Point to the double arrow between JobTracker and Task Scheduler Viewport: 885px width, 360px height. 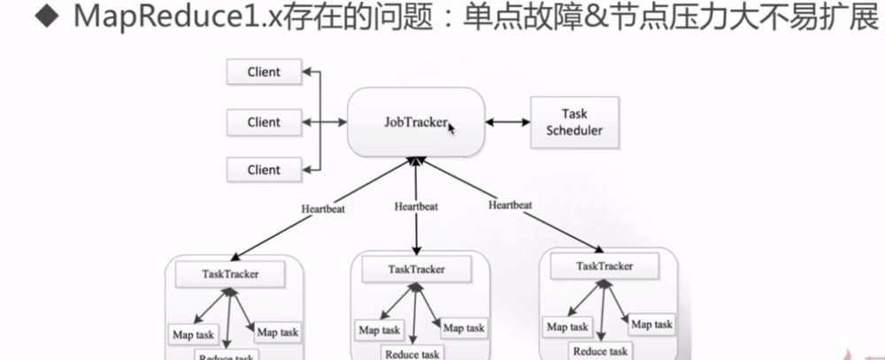click(x=505, y=122)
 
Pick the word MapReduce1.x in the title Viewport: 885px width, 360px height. click(x=150, y=19)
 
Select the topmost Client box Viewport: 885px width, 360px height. click(x=264, y=72)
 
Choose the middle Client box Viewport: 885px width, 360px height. click(x=264, y=122)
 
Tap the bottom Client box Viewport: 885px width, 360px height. click(x=264, y=170)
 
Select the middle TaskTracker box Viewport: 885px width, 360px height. click(x=416, y=269)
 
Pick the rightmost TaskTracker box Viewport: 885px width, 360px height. click(x=604, y=265)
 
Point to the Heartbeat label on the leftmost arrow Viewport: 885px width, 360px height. click(x=320, y=210)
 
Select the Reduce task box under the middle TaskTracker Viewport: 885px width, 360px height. click(x=412, y=354)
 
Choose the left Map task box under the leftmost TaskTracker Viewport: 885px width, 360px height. click(x=192, y=334)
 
